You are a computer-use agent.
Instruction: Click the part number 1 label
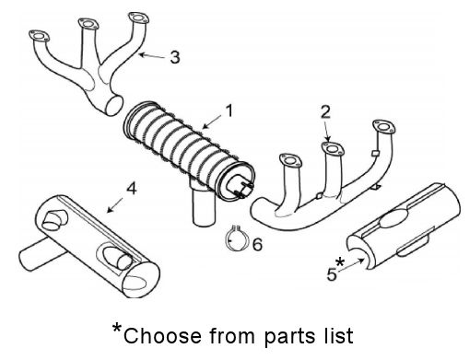(229, 110)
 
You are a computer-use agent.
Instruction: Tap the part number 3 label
(175, 57)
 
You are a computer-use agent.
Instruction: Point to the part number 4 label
(131, 189)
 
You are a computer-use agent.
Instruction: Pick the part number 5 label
(332, 274)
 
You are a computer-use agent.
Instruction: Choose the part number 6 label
(257, 245)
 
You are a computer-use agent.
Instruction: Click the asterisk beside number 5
(340, 262)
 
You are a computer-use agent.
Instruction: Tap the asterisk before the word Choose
(117, 328)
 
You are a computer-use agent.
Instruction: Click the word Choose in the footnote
(162, 335)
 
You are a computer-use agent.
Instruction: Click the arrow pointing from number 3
(152, 56)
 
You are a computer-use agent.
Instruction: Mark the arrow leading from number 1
(212, 122)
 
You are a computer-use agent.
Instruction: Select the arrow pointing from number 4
(115, 205)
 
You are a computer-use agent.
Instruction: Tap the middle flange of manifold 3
(88, 24)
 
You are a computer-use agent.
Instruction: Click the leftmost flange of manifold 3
(39, 36)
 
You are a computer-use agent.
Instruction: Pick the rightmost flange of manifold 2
(383, 126)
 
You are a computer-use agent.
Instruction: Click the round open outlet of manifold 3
(114, 105)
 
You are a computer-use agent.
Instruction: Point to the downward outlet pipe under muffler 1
(202, 205)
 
